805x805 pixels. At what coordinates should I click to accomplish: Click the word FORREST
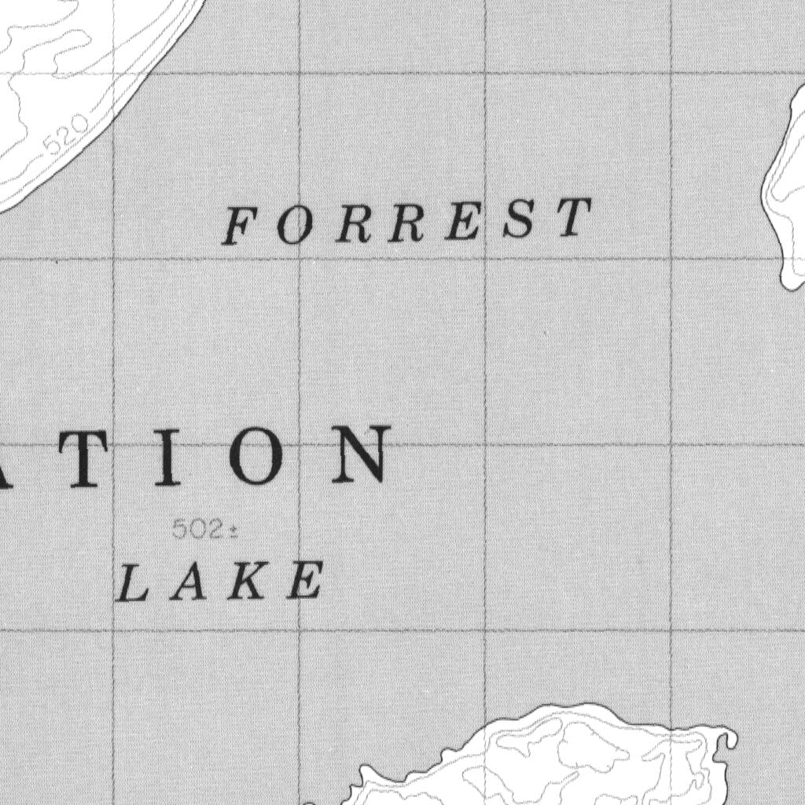(407, 221)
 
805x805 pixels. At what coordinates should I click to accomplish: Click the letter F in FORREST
(238, 227)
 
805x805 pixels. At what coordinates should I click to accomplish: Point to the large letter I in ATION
(167, 456)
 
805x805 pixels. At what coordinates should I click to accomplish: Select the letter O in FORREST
(292, 226)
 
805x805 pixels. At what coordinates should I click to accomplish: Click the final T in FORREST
(574, 217)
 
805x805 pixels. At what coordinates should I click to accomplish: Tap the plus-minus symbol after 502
(233, 531)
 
